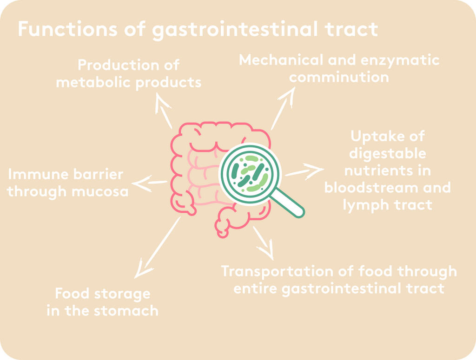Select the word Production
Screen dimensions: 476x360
pos(118,65)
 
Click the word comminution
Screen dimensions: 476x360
pos(339,77)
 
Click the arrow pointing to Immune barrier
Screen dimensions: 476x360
pos(149,183)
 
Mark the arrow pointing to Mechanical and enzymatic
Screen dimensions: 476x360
pos(283,108)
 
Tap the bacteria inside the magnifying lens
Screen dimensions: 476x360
pos(250,174)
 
